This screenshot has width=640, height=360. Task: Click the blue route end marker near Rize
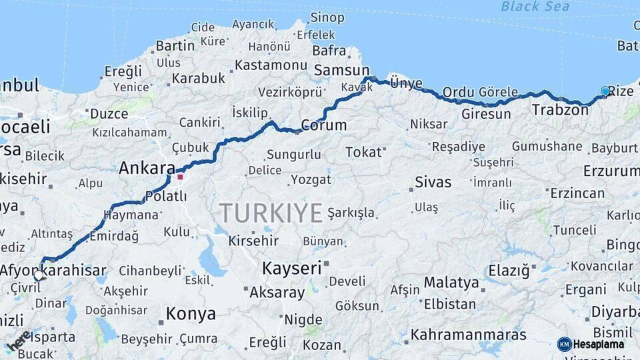pyautogui.click(x=605, y=91)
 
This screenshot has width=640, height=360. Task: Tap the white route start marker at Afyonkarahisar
pyautogui.click(x=39, y=275)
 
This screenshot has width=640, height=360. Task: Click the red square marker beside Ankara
pyautogui.click(x=180, y=177)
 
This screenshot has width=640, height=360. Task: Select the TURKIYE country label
pyautogui.click(x=271, y=213)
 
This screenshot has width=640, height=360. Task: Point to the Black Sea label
pyautogui.click(x=535, y=7)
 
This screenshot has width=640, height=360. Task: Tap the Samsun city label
pyautogui.click(x=341, y=70)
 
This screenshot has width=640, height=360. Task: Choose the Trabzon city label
pyautogui.click(x=560, y=110)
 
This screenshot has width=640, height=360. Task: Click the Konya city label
pyautogui.click(x=191, y=313)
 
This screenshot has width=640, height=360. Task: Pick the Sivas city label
pyautogui.click(x=433, y=181)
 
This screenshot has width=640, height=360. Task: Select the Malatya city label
pyautogui.click(x=451, y=282)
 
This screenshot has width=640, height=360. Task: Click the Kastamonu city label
pyautogui.click(x=270, y=65)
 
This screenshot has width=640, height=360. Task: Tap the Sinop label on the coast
pyautogui.click(x=327, y=17)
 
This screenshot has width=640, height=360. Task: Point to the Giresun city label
pyautogui.click(x=486, y=114)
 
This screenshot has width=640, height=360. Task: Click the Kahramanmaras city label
pyautogui.click(x=468, y=335)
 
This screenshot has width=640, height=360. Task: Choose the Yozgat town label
pyautogui.click(x=311, y=180)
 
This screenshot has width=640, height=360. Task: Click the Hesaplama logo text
pyautogui.click(x=599, y=345)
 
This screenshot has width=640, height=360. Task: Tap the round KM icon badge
pyautogui.click(x=565, y=345)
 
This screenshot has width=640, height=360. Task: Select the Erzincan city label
pyautogui.click(x=577, y=193)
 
